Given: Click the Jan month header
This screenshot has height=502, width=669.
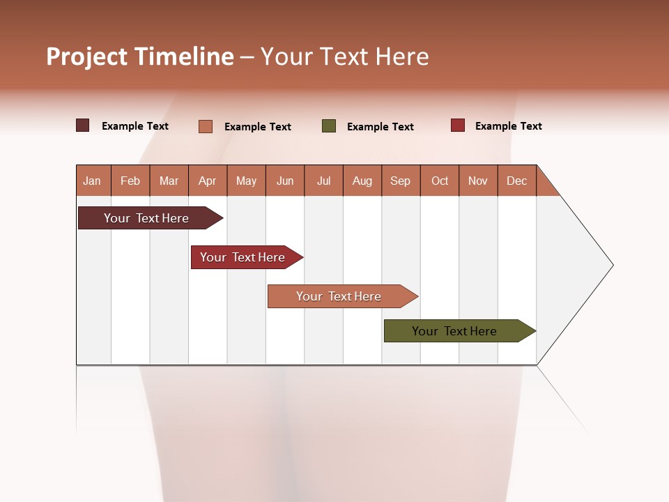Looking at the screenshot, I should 93,181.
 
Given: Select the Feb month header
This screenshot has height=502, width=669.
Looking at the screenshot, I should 130,181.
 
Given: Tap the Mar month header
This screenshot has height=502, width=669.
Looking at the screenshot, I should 169,181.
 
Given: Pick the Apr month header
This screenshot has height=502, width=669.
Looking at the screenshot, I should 207,181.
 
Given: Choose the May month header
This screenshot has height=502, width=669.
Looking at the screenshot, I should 246,181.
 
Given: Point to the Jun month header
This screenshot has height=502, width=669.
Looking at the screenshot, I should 285,181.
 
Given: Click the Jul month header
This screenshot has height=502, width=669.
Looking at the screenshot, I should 323,181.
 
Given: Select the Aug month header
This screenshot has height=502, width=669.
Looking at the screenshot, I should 362,181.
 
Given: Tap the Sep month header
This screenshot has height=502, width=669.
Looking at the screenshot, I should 401,181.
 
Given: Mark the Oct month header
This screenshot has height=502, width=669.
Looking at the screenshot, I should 440,181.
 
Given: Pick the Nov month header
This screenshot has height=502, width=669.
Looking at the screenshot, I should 478,181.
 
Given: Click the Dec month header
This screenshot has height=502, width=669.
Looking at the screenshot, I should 516,181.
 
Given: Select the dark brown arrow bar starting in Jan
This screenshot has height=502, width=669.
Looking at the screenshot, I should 146,218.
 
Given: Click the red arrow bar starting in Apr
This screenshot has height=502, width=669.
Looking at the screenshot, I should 243,257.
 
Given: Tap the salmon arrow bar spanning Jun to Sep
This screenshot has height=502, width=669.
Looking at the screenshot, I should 339,296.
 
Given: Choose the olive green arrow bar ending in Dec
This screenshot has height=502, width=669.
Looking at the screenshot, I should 454,331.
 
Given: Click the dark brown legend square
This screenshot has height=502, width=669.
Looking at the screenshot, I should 83,125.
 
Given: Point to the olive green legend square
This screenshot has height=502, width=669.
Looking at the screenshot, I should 329,126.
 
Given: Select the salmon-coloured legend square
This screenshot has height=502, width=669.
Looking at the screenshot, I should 206,126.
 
